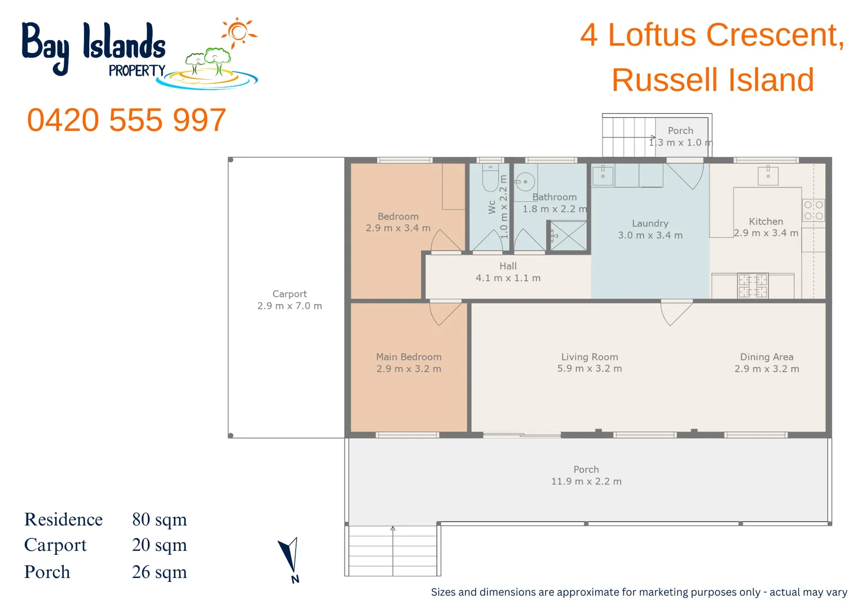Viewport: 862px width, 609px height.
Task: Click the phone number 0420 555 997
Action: [126, 120]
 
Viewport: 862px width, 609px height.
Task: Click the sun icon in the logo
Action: [238, 32]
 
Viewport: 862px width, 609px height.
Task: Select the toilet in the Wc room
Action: [490, 178]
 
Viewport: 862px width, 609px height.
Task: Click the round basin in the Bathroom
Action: [525, 182]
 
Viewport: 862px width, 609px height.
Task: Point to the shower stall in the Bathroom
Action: [568, 236]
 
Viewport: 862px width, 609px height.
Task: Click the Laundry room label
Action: [650, 223]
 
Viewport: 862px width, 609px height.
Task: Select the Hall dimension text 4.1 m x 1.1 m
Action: [508, 278]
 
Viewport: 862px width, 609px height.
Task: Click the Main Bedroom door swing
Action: [446, 313]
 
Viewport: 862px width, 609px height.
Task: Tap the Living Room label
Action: [590, 357]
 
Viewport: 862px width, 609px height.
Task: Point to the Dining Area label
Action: [767, 357]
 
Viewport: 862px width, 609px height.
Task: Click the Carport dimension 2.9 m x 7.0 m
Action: [289, 306]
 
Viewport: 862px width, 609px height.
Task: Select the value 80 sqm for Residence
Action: [159, 519]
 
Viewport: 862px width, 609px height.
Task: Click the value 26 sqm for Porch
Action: [159, 572]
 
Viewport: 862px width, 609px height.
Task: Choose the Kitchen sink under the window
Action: [768, 175]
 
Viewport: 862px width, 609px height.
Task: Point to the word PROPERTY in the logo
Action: [137, 70]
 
